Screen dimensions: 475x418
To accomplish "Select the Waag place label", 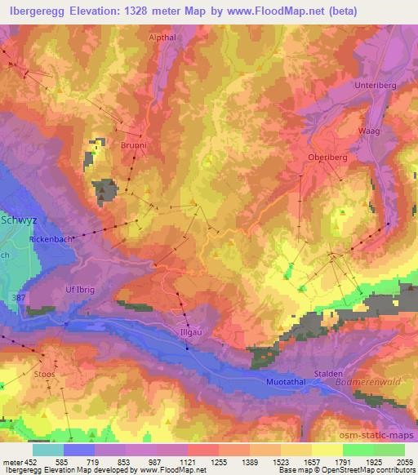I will point(370,131).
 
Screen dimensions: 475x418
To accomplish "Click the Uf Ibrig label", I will point(80,290).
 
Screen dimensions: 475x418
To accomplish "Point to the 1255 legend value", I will point(218,460).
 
